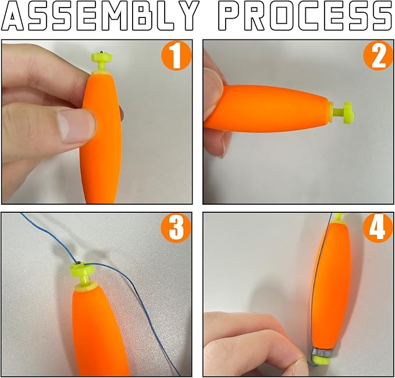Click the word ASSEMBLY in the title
click(100, 16)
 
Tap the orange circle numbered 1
click(176, 55)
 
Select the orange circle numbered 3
click(176, 228)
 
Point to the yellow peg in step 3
click(83, 274)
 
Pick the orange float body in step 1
click(101, 137)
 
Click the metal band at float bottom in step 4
click(323, 353)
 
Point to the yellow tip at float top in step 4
click(340, 217)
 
